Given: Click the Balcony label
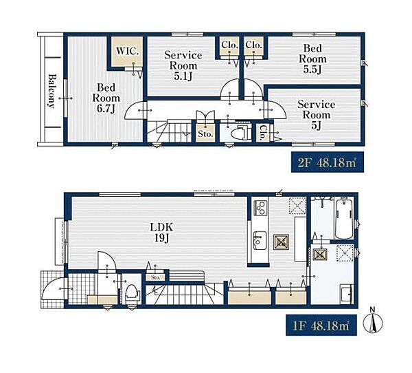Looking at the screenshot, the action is coord(52,91).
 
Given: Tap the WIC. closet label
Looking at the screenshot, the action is coord(127,51).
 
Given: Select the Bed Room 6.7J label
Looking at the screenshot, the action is coord(106,98).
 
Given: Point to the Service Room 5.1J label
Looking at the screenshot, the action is coord(183,65).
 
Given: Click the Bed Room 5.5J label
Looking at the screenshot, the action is coord(312,59).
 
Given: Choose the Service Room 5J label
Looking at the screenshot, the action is coord(316,115).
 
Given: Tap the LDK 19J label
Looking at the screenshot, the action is coord(161,233).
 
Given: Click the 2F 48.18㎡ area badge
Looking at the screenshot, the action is coord(328,162).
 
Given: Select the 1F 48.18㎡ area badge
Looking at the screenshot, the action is coord(321,326).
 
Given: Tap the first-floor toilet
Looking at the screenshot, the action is coord(132,293).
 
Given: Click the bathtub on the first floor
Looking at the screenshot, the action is coord(344,219).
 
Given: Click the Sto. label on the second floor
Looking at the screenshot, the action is coord(205,134).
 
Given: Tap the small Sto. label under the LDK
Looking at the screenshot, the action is coord(156,277).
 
